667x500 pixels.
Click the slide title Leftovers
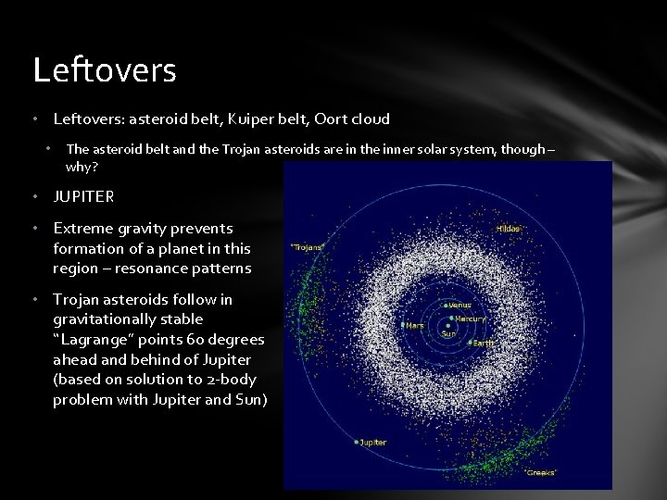[104, 70]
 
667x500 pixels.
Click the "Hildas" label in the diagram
[508, 229]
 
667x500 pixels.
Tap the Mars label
[414, 325]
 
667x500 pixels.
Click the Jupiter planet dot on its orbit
[356, 443]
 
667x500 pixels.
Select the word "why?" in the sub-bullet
[81, 169]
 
